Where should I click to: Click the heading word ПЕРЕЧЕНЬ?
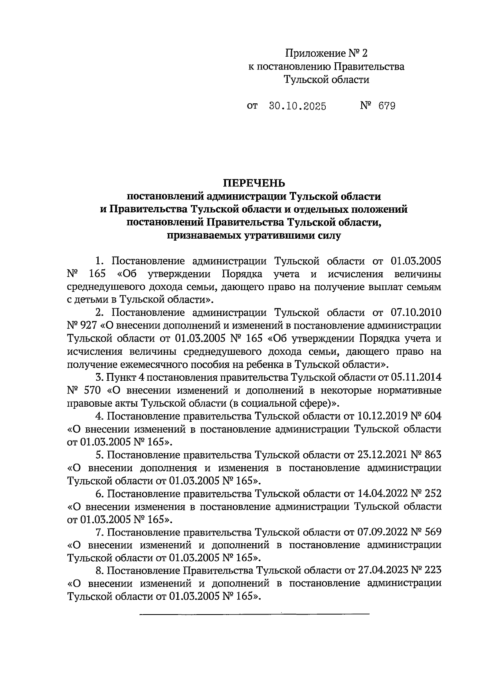tap(254, 183)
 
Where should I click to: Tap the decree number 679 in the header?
tap(387, 106)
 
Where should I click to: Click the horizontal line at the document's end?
tap(254, 613)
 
